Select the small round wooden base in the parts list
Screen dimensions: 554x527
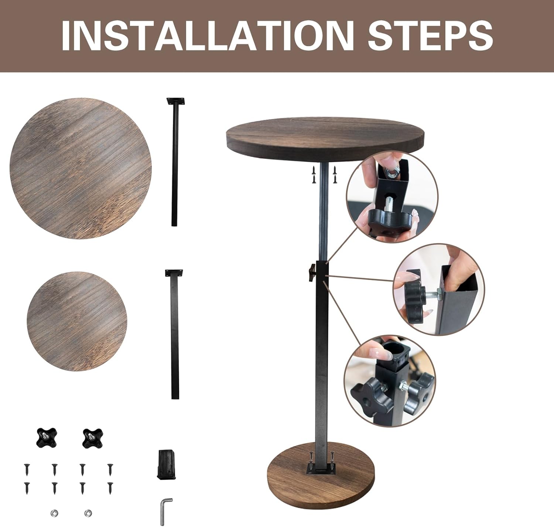[x=77, y=321]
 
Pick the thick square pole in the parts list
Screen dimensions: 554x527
[x=174, y=334]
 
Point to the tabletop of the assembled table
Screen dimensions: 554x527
[x=322, y=139]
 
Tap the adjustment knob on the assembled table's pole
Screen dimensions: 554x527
[x=312, y=273]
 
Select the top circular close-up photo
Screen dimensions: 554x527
[x=392, y=196]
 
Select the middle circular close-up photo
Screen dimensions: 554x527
[x=439, y=289]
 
